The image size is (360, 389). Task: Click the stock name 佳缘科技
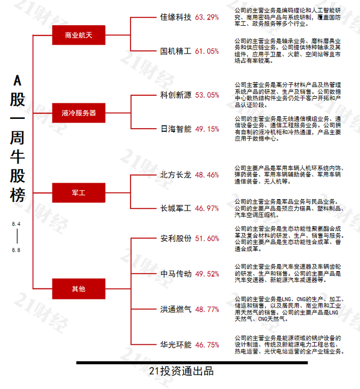pos(176,17)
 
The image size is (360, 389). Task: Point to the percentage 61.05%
pos(207,51)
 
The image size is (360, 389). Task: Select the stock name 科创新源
pos(176,95)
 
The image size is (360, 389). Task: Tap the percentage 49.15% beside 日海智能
pos(207,129)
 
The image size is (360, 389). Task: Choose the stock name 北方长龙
pos(176,175)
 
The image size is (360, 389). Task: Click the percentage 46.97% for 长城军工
pos(207,209)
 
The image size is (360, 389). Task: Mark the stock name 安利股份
pos(176,239)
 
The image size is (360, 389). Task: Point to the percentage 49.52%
pos(207,274)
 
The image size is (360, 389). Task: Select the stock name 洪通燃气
pos(176,309)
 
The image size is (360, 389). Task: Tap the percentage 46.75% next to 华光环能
pos(207,345)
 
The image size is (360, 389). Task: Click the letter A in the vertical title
pos(17,80)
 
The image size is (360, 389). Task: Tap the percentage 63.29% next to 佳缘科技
pos(207,17)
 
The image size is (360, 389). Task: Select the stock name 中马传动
pos(176,274)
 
